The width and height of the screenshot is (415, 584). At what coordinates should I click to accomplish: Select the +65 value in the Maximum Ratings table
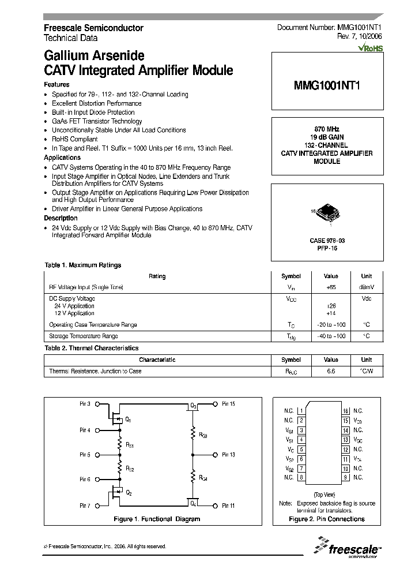331,287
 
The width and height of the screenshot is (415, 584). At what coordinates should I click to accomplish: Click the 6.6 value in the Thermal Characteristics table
331,371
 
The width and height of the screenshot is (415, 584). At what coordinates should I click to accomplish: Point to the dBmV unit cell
367,287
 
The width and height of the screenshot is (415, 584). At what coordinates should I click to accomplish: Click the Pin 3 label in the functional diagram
85,404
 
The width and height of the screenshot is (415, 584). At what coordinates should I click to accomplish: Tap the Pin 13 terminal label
228,455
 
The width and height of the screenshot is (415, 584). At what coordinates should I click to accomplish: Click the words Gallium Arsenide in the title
94,57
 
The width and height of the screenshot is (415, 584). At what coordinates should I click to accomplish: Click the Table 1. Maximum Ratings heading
83,265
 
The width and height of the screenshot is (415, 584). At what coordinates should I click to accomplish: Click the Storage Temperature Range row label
84,336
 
